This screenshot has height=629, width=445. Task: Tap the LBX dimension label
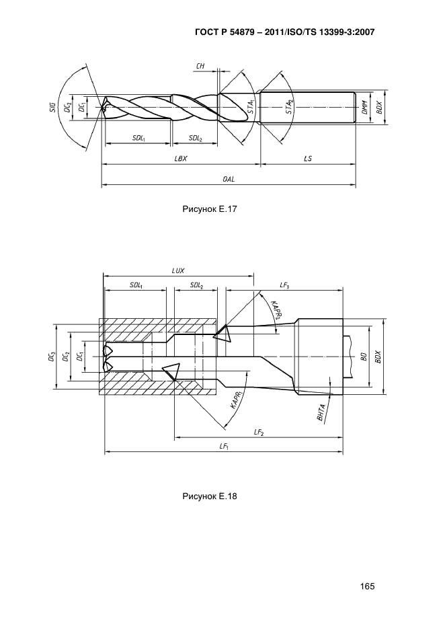[x=181, y=159]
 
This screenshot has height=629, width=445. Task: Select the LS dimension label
[x=307, y=159]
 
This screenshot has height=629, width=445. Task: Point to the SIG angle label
[x=52, y=106]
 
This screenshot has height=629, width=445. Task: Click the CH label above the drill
[x=200, y=65]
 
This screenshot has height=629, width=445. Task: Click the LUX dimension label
[x=178, y=270]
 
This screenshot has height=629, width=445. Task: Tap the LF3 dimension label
[x=284, y=285]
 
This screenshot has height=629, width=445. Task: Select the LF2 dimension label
[x=258, y=433]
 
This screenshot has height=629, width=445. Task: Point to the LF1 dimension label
[x=224, y=447]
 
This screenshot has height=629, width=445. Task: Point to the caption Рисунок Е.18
[x=210, y=497]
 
